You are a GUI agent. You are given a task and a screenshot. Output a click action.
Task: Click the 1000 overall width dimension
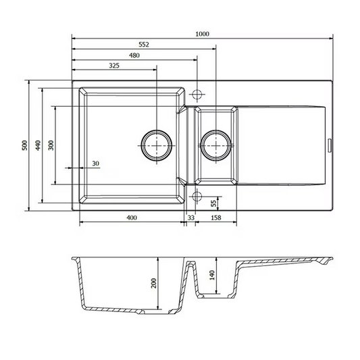pyautogui.click(x=202, y=34)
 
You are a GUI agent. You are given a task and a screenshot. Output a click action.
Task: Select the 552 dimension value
pyautogui.click(x=144, y=45)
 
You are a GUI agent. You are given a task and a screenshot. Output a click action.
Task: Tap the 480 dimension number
pyautogui.click(x=134, y=55)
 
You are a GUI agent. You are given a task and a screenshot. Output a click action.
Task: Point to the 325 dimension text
pyautogui.click(x=114, y=66)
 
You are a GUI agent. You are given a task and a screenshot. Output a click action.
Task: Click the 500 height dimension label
pyautogui.click(x=24, y=145)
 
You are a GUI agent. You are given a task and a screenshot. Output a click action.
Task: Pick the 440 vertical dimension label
pyautogui.click(x=38, y=145)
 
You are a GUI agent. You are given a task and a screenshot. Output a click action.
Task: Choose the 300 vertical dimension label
pyautogui.click(x=51, y=145)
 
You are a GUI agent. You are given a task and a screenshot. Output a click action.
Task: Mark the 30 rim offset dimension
pyautogui.click(x=95, y=163)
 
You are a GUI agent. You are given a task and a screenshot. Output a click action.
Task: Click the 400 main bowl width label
pyautogui.click(x=132, y=217)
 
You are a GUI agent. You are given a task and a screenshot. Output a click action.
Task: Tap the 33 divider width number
pyautogui.click(x=191, y=217)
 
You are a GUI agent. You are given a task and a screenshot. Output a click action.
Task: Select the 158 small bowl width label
pyautogui.click(x=216, y=217)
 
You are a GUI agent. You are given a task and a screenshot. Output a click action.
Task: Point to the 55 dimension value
pyautogui.click(x=213, y=203)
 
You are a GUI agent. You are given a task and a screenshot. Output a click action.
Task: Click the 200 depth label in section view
pyautogui.click(x=153, y=283)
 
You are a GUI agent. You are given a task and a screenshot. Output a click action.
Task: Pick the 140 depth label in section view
pyautogui.click(x=212, y=275)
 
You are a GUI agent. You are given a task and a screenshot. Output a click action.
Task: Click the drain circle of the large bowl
pyautogui.click(x=157, y=130)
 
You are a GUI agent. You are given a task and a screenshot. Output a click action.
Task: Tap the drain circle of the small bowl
pyautogui.click(x=216, y=130)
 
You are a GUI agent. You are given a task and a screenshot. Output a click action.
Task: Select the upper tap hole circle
pyautogui.click(x=197, y=90)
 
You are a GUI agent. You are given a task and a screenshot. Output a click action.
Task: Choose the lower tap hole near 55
pyautogui.click(x=197, y=192)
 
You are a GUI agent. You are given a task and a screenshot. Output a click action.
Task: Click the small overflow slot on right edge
pyautogui.click(x=330, y=145)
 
